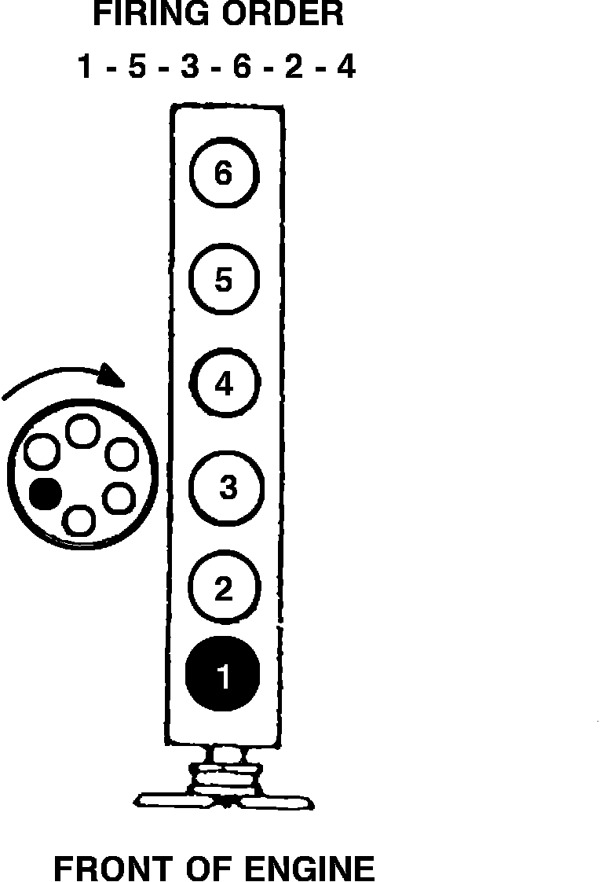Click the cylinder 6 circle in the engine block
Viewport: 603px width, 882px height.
pos(224,174)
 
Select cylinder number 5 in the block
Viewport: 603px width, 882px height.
pos(224,280)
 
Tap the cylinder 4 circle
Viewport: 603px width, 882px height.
pos(224,384)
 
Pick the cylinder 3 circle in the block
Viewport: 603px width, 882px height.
pos(227,487)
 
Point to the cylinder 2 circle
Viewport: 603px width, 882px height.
pos(223,588)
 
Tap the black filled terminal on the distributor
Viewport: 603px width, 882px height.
pos(46,493)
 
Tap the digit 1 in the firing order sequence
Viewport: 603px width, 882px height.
pos(86,68)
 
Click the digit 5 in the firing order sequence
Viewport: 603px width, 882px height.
pos(137,68)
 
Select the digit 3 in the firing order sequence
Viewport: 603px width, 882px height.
pos(188,68)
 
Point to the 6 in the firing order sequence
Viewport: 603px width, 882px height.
pos(241,68)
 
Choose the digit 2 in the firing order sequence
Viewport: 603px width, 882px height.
pos(293,68)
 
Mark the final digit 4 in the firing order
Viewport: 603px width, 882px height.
pos(345,68)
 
